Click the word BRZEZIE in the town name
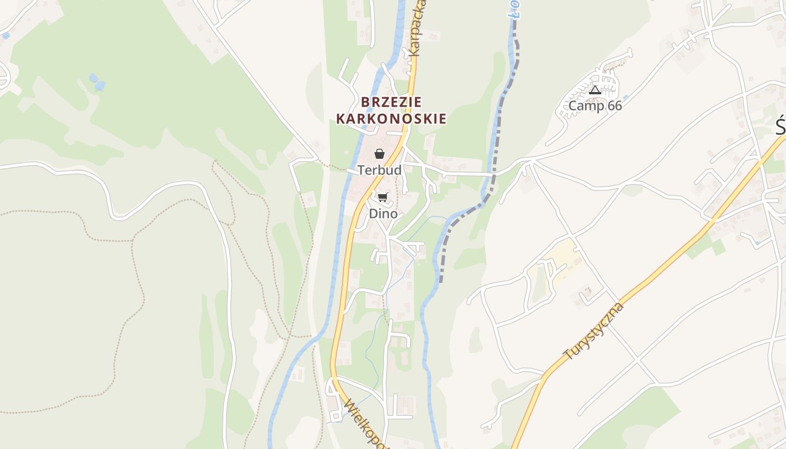pyautogui.click(x=391, y=102)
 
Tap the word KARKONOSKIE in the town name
pyautogui.click(x=391, y=119)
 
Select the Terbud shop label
pyautogui.click(x=380, y=170)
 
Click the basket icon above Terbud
pyautogui.click(x=380, y=154)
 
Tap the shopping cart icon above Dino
pyautogui.click(x=382, y=197)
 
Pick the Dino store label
pyautogui.click(x=383, y=214)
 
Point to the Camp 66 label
pyautogui.click(x=595, y=106)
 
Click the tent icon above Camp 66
pyautogui.click(x=595, y=90)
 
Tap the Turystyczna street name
pyautogui.click(x=594, y=331)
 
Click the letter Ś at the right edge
pyautogui.click(x=780, y=127)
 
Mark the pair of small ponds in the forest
pyautogui.click(x=97, y=82)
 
